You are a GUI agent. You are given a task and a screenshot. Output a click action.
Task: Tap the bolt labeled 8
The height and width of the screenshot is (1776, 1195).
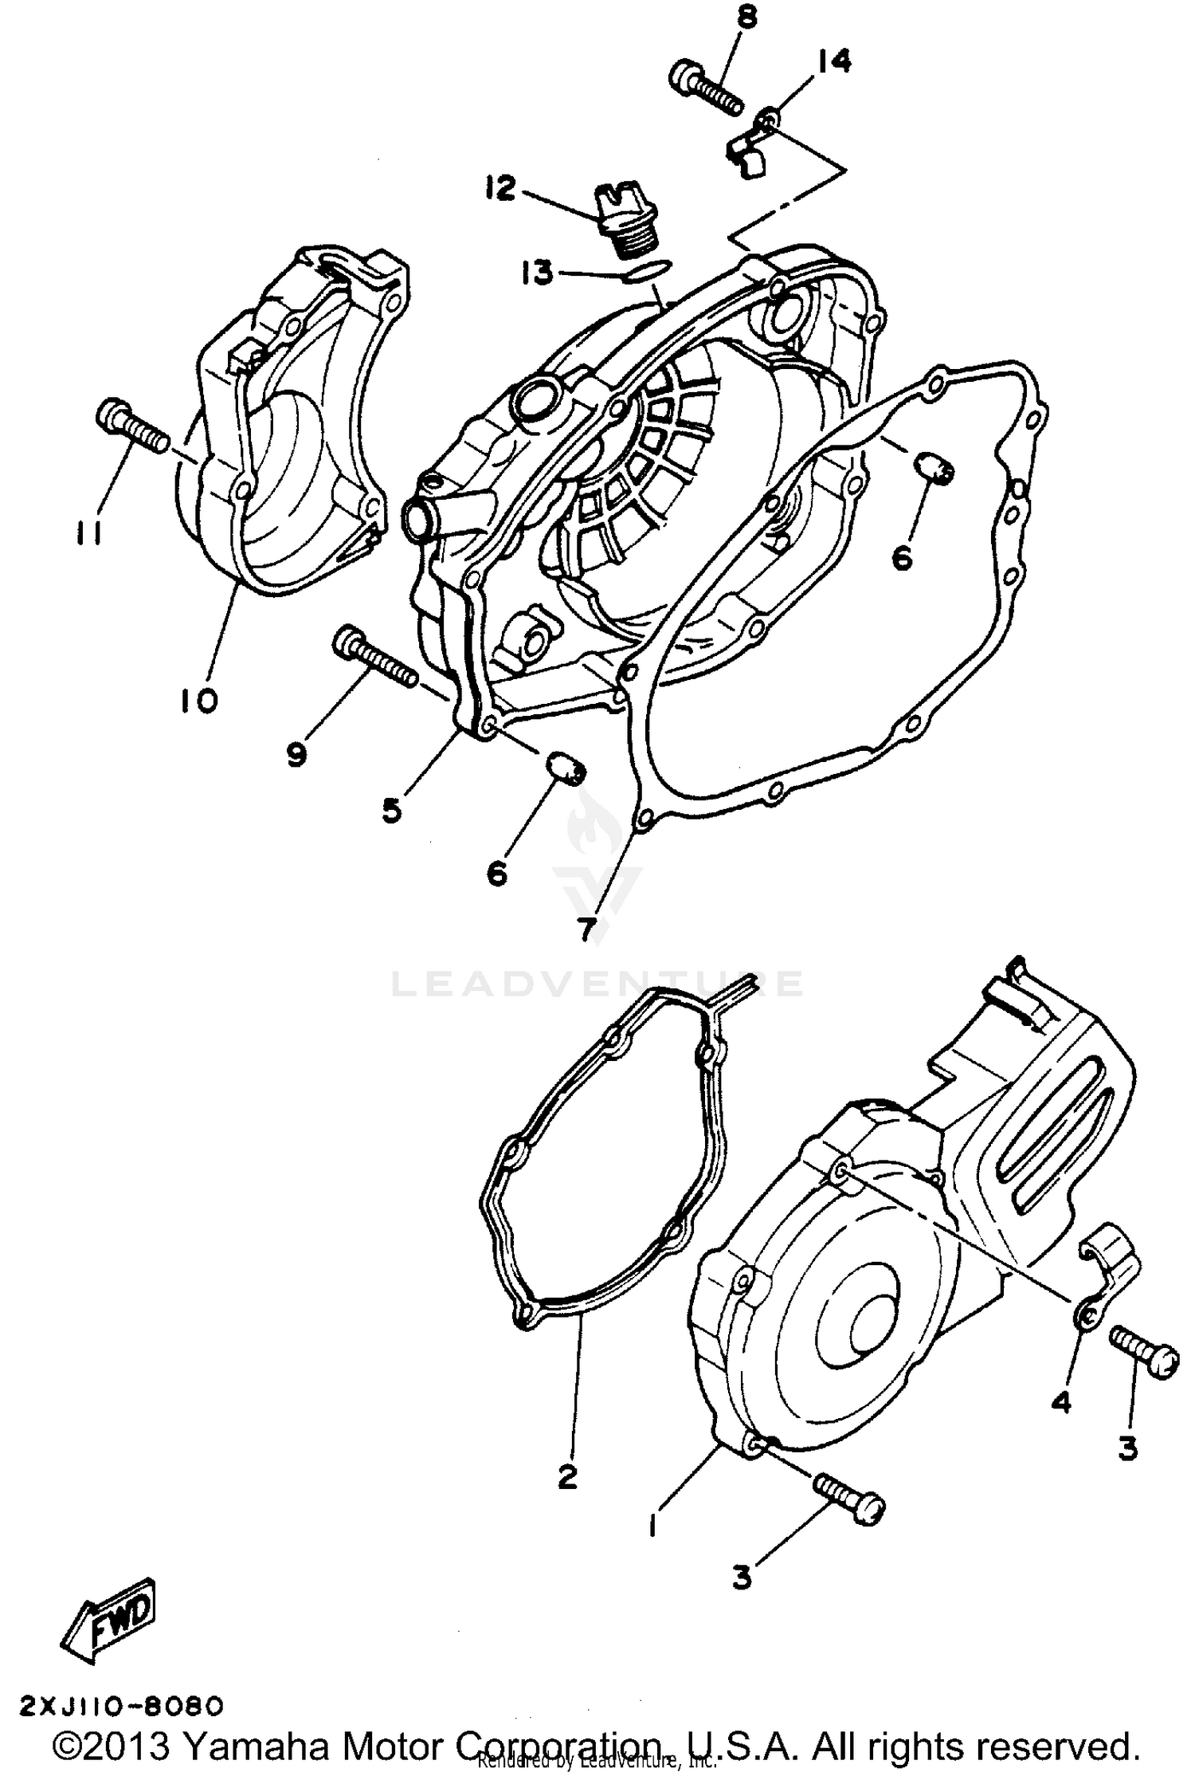pos(704,90)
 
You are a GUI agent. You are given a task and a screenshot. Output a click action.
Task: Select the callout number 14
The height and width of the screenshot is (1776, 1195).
pos(834,61)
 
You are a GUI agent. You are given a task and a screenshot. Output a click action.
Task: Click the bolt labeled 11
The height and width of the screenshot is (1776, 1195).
pos(131,426)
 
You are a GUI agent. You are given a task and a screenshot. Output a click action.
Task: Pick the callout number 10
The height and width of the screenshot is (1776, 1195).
pos(198,701)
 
